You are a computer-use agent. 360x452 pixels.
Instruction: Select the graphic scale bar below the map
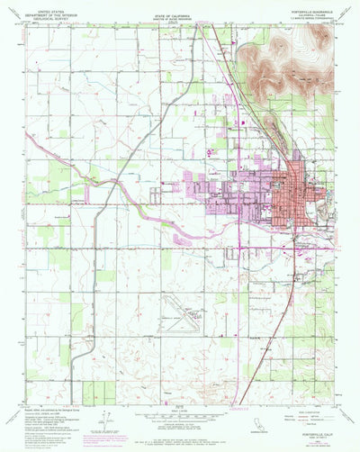pos(180,419)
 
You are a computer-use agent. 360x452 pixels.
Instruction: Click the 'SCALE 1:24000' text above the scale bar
pos(180,411)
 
